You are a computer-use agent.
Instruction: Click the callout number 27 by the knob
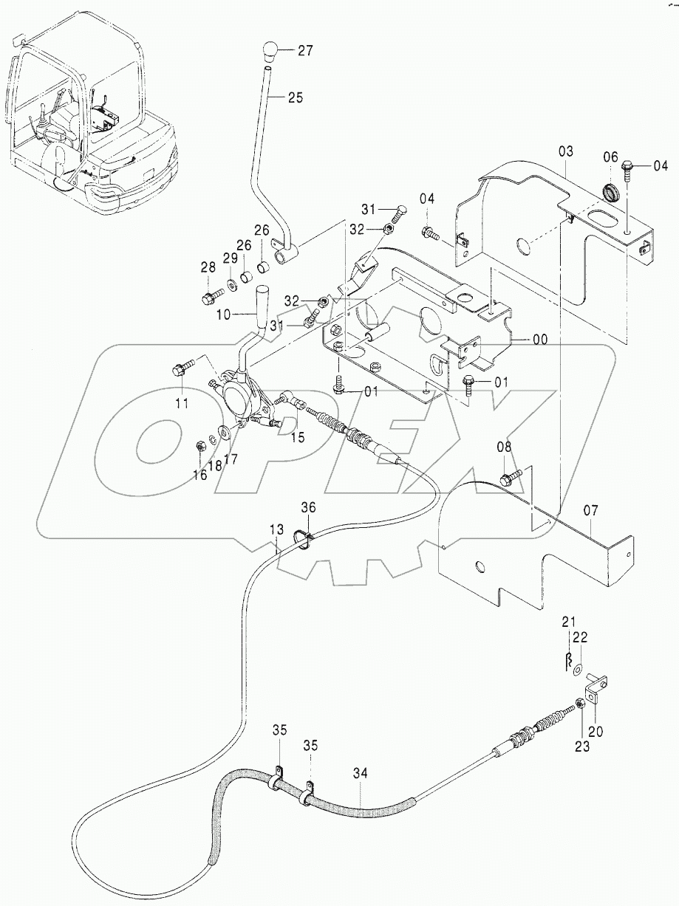[305, 51]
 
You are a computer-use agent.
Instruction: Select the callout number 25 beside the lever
[296, 97]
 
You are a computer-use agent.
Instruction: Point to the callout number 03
[565, 152]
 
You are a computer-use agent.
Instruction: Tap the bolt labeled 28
[208, 298]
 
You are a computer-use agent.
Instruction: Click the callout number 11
[182, 403]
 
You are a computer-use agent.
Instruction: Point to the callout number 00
[539, 340]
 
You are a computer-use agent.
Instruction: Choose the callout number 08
[503, 446]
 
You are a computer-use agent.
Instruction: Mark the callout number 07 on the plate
[591, 510]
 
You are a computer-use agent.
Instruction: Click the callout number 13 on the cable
[276, 529]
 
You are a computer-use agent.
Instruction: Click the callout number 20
[596, 732]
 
